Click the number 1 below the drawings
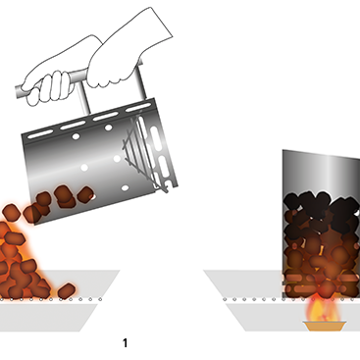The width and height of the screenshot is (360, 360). coord(125,343)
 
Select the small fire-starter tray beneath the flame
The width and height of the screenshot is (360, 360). coord(325,326)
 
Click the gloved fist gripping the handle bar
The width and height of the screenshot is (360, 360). coord(48,86)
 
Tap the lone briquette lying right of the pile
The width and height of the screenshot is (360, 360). coord(67,290)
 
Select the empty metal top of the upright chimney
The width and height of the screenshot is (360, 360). coord(321,172)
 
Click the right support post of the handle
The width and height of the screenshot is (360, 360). coord(141,83)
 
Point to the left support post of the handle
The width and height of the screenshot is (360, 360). coord(83,97)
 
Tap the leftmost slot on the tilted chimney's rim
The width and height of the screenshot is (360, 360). coord(40,134)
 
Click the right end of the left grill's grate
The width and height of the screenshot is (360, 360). coord(100,299)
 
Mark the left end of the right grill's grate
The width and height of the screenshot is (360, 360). coord(225,299)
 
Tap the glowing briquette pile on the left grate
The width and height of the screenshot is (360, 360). coord(22,262)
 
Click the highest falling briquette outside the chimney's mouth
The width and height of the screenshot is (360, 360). coord(12,212)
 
